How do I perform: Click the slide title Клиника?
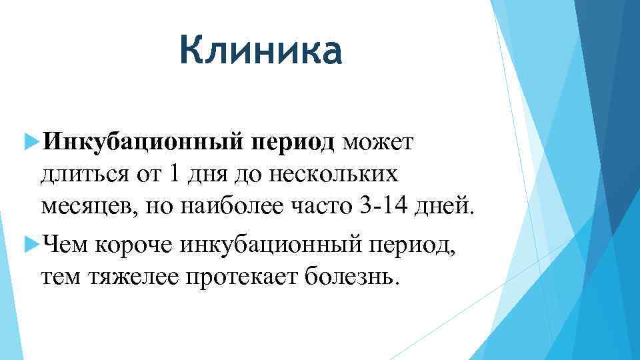(260, 52)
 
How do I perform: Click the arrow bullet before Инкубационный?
(29, 141)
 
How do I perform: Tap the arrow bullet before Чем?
(29, 243)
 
